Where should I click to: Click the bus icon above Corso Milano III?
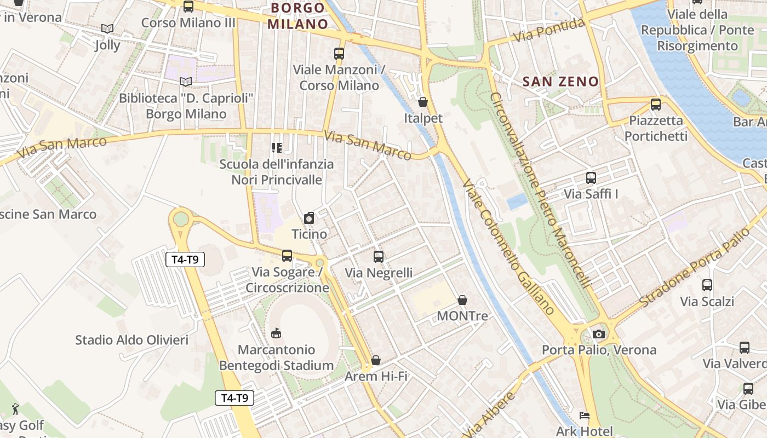click(x=188, y=7)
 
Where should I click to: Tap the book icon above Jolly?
click(x=107, y=28)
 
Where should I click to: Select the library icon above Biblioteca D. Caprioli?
click(x=186, y=82)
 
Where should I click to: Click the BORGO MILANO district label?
click(x=298, y=16)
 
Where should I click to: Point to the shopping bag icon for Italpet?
click(x=423, y=102)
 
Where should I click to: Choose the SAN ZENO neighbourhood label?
click(x=560, y=82)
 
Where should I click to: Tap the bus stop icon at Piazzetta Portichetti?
click(x=655, y=104)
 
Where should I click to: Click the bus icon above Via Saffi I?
click(x=591, y=178)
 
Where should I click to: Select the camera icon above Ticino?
click(x=309, y=218)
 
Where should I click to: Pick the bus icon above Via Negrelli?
click(x=378, y=256)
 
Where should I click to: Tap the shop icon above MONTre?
click(x=462, y=300)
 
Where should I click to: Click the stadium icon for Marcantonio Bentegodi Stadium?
click(x=277, y=333)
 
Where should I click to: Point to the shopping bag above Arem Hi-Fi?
click(x=376, y=360)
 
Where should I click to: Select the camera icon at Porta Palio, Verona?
click(x=598, y=334)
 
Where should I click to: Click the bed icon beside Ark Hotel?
click(x=585, y=416)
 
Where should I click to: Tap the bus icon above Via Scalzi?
click(x=707, y=285)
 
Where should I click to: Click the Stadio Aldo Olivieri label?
click(x=131, y=340)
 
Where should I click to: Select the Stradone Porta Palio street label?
click(x=695, y=268)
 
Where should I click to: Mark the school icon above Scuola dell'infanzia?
click(x=277, y=148)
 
